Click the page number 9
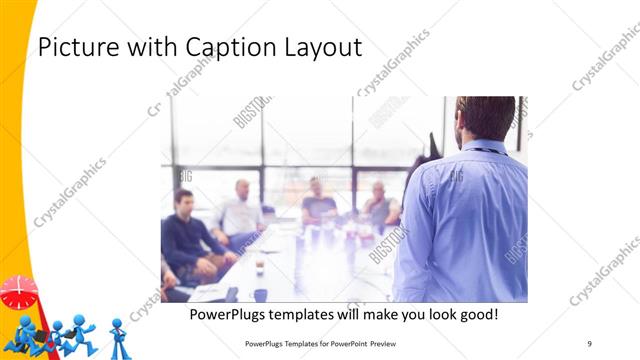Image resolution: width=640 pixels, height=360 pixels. (590, 343)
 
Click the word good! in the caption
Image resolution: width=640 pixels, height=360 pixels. (476, 315)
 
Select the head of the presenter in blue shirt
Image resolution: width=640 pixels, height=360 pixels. (485, 118)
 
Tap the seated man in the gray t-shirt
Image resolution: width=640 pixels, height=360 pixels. (318, 204)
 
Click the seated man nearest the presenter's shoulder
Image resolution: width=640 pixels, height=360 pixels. (380, 207)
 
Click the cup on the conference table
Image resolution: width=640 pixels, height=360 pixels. (259, 266)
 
